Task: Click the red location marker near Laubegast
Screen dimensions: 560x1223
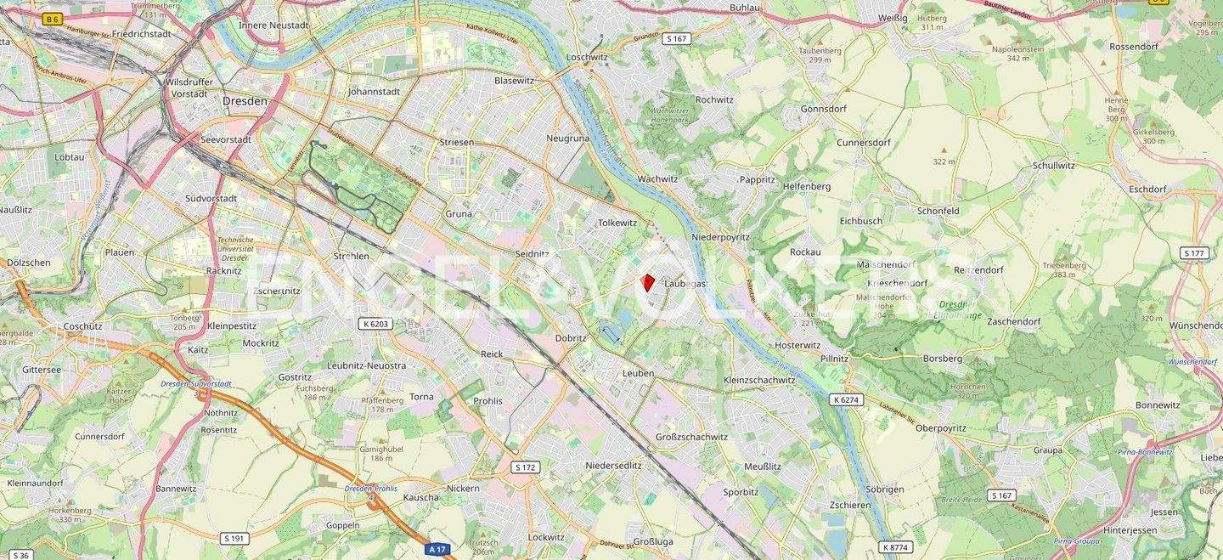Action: [648, 283]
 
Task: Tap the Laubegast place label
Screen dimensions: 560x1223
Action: [686, 284]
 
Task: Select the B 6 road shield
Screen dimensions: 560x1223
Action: [53, 19]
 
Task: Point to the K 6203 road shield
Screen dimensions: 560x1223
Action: [374, 324]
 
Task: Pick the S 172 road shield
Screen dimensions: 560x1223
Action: [526, 467]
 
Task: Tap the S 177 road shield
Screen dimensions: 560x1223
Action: [1194, 253]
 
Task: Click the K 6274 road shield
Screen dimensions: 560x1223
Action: [847, 399]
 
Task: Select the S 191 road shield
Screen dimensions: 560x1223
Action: [234, 539]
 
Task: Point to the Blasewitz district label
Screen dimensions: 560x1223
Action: [515, 81]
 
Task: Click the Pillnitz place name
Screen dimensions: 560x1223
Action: [834, 359]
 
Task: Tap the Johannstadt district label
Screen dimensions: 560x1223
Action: [374, 92]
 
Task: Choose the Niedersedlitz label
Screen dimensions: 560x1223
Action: [613, 466]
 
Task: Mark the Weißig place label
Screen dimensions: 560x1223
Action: [893, 17]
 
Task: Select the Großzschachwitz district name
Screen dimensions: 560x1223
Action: [691, 437]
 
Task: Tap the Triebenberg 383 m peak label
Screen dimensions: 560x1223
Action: [1064, 269]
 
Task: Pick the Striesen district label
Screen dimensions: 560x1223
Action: [457, 142]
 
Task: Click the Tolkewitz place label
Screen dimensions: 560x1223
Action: [617, 223]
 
